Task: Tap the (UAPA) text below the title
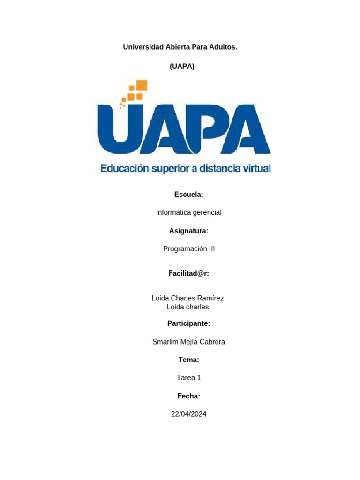tap(182, 66)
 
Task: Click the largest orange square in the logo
tap(142, 85)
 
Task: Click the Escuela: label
tap(188, 194)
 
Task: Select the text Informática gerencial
tap(188, 212)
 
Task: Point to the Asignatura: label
tap(188, 231)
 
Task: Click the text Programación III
tap(189, 249)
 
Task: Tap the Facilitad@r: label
tap(188, 274)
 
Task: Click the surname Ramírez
tap(209, 298)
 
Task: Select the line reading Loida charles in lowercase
tap(187, 307)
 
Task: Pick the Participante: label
tap(188, 323)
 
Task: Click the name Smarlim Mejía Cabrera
tap(188, 342)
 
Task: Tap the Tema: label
tap(188, 360)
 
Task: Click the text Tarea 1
tap(188, 377)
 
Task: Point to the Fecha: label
tap(188, 396)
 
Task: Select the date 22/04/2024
tap(188, 414)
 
